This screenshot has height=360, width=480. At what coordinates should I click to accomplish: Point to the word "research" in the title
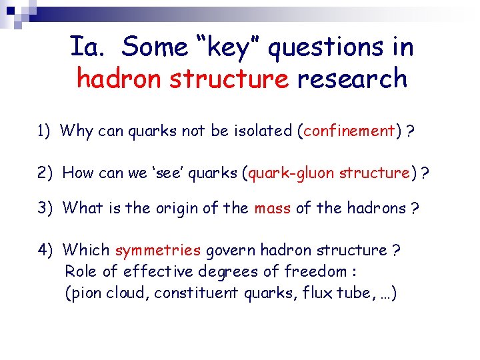(352, 79)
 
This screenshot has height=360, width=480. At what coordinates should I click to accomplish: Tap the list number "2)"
(46, 173)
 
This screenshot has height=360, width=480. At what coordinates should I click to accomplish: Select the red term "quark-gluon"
(292, 173)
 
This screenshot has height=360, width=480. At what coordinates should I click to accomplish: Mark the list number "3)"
(46, 208)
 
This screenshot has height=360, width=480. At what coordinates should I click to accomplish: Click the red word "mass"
(272, 208)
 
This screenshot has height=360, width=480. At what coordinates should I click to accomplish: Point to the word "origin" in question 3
(179, 209)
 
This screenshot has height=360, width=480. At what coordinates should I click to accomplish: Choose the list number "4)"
(46, 250)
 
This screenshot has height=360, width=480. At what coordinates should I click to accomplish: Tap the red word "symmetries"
(158, 251)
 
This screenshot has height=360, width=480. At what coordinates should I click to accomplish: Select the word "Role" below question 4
(81, 271)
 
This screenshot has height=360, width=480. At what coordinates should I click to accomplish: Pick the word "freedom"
(316, 271)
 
